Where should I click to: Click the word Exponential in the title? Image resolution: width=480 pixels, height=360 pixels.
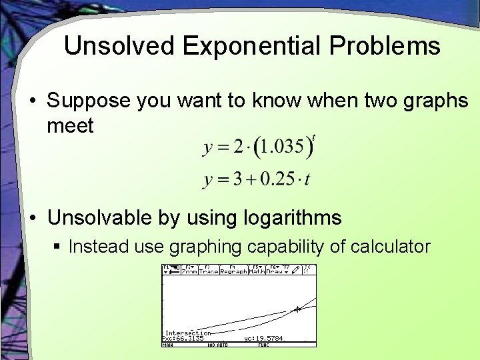pyautogui.click(x=251, y=46)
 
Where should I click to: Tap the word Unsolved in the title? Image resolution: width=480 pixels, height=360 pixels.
pyautogui.click(x=119, y=46)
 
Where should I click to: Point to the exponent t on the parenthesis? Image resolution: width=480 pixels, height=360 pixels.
pyautogui.click(x=314, y=137)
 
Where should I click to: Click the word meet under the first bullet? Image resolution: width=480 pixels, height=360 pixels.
pyautogui.click(x=70, y=125)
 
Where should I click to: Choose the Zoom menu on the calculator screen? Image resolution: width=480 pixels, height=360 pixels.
pyautogui.click(x=189, y=271)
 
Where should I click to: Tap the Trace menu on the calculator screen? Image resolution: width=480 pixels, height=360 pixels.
pyautogui.click(x=209, y=271)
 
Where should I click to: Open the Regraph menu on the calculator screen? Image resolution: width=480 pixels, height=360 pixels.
pyautogui.click(x=233, y=271)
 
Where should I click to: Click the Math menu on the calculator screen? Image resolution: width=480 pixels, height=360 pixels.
pyautogui.click(x=257, y=271)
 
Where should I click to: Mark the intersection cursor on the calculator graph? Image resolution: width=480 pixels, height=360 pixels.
pyautogui.click(x=297, y=309)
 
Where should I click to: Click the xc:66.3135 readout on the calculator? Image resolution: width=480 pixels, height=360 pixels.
pyautogui.click(x=184, y=339)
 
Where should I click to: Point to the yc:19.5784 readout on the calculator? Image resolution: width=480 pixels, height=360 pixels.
pyautogui.click(x=264, y=339)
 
